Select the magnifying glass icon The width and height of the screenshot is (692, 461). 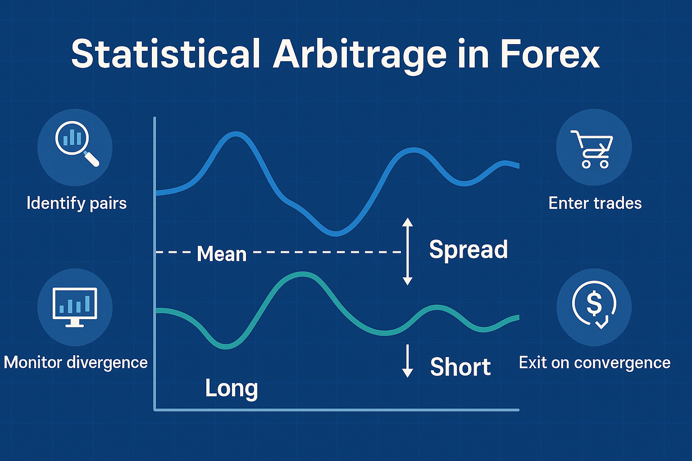coord(77,144)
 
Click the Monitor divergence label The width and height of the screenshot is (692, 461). coord(76,362)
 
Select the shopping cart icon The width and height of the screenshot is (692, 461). coord(592,149)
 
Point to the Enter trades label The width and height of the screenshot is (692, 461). coord(595,203)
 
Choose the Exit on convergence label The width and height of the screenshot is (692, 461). coord(595,362)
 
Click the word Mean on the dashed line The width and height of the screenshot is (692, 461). coord(222,254)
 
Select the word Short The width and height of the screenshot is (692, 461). coord(460,366)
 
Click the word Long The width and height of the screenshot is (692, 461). coord(232,389)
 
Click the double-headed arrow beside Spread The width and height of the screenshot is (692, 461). coord(407,251)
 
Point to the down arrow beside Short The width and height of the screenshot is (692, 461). coord(407,361)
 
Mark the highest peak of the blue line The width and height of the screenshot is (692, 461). coord(236,134)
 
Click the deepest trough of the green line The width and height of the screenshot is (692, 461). coord(226,347)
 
